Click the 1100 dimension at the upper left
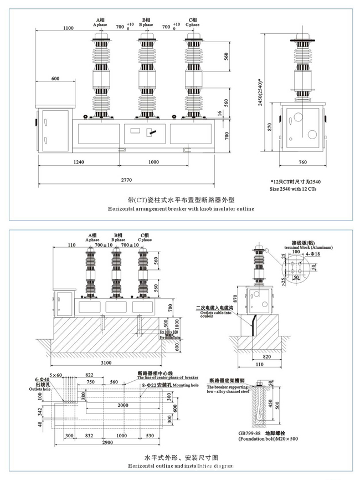pyautogui.click(x=69, y=28)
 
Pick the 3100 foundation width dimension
pyautogui.click(x=106, y=362)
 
